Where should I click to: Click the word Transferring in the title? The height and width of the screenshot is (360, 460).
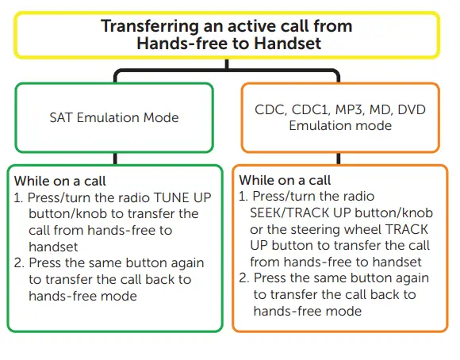pos(150,26)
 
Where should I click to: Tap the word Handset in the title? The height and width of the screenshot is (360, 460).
pos(287,43)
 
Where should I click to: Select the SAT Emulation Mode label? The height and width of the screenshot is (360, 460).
pos(114,117)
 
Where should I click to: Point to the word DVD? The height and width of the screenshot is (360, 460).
pos(412,109)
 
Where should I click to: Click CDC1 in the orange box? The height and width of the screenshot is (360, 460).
pos(310,109)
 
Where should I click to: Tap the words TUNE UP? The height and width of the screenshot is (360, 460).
pos(182,197)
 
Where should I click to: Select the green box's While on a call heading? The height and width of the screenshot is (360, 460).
pos(59,181)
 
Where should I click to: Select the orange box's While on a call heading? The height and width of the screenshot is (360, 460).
pos(285,180)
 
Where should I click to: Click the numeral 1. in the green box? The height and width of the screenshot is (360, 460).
pos(18,197)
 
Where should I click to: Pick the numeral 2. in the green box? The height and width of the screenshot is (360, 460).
pos(19,263)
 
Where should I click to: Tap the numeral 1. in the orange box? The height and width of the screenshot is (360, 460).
pos(243,197)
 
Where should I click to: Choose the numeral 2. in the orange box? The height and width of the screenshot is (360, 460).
pos(244,278)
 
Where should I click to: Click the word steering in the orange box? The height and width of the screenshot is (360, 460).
pos(316,230)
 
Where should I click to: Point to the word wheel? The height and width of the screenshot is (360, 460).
pos(362,229)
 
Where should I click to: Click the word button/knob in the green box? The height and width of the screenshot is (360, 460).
pos(67,213)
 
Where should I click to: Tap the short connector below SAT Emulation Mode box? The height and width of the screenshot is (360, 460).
pos(115,159)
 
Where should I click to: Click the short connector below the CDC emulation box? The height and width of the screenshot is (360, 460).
pos(339,159)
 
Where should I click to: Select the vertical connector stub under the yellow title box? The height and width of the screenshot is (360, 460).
pos(227,64)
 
